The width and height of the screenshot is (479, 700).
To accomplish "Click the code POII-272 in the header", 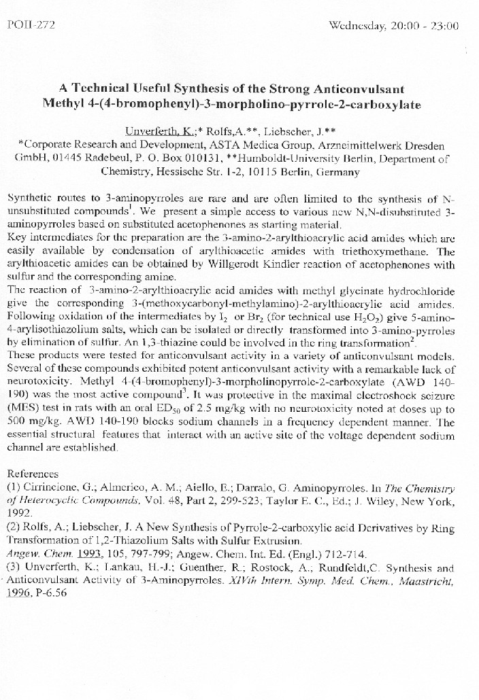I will point(30,25).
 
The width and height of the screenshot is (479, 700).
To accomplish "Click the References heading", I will point(33,473).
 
